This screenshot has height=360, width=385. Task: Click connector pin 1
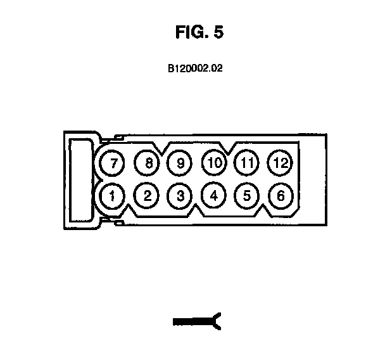[x=112, y=195]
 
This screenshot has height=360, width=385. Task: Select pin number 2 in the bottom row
[x=147, y=195]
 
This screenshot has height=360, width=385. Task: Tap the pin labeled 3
[x=180, y=195]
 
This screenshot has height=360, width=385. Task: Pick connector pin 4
[x=214, y=195]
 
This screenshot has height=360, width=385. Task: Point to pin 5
[x=247, y=195]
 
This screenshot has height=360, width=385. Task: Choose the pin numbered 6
[x=280, y=195]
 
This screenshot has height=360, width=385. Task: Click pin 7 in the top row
[x=113, y=163]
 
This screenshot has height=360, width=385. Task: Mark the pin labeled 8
[x=148, y=163]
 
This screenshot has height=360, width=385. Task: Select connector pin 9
[x=180, y=163]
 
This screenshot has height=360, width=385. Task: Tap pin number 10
[x=214, y=163]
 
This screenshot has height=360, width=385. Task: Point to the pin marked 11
[x=247, y=163]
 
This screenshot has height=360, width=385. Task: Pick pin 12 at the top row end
[x=280, y=163]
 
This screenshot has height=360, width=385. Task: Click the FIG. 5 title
[x=199, y=34]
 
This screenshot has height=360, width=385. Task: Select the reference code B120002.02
[x=194, y=68]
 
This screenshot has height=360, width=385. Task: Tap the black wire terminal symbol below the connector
[x=196, y=323]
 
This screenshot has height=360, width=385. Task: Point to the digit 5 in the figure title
[x=218, y=34]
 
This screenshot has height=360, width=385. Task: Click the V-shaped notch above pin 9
[x=165, y=149]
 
